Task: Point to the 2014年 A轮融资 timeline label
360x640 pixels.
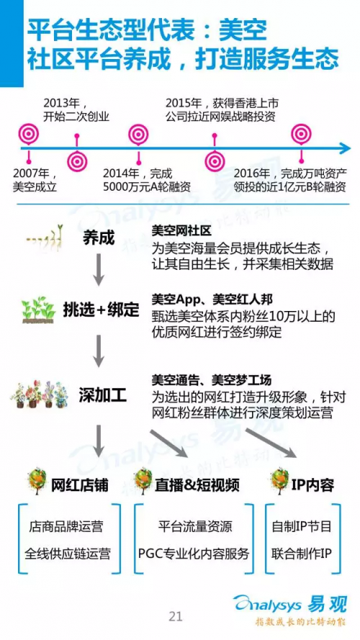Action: (146, 180)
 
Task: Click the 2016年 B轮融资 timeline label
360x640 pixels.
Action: (290, 180)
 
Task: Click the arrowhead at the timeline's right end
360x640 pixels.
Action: (346, 148)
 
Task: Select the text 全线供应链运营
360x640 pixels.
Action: (68, 554)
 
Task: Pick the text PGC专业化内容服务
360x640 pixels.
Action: (194, 554)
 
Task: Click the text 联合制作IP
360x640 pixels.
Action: (302, 554)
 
